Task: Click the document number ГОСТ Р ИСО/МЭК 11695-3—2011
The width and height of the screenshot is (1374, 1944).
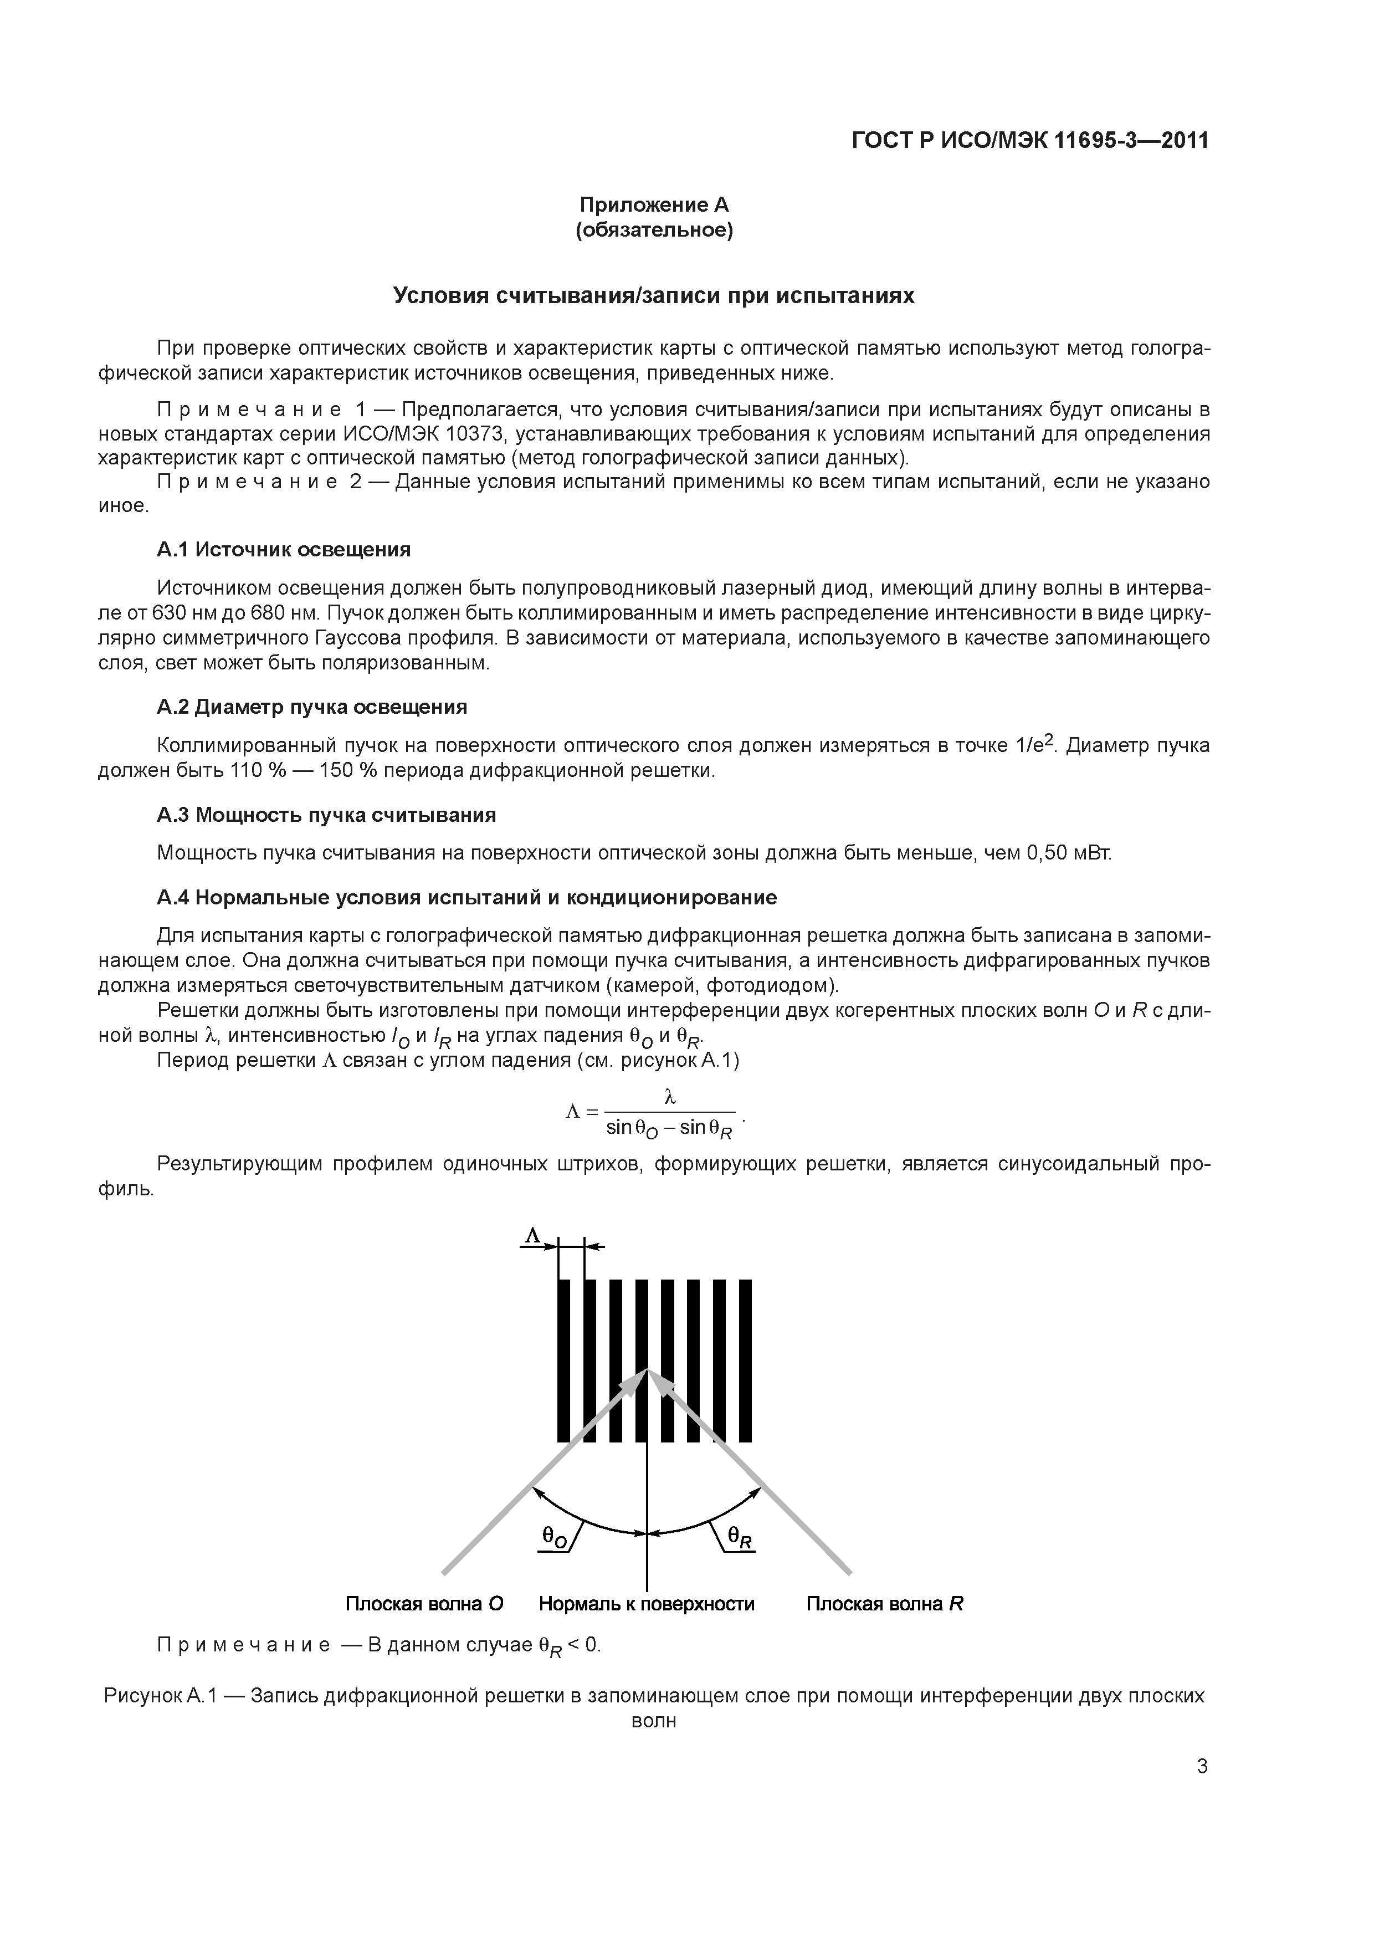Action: (1029, 141)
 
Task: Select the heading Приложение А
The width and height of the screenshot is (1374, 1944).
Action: (654, 205)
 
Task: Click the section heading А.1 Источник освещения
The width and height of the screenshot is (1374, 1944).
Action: (284, 550)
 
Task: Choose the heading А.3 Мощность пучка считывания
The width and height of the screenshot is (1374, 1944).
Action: (326, 815)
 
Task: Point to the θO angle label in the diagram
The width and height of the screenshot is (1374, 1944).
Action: (555, 1537)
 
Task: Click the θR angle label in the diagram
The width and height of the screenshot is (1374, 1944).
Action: (739, 1537)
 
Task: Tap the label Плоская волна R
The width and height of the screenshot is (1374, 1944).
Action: (884, 1604)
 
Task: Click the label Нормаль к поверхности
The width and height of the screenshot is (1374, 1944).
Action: (646, 1604)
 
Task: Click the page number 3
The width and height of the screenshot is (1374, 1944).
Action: (1201, 1766)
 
